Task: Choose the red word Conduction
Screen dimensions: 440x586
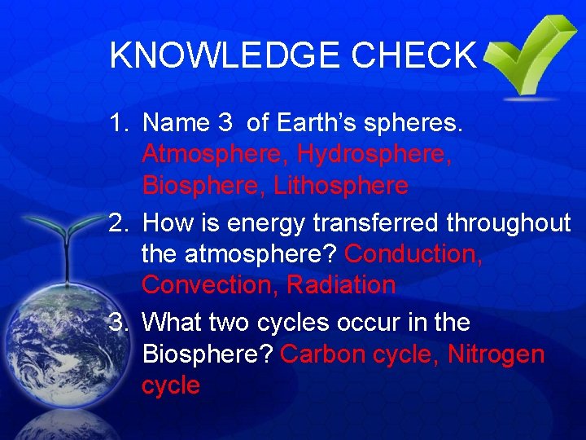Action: click(413, 254)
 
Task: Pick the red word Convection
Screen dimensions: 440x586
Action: click(212, 285)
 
